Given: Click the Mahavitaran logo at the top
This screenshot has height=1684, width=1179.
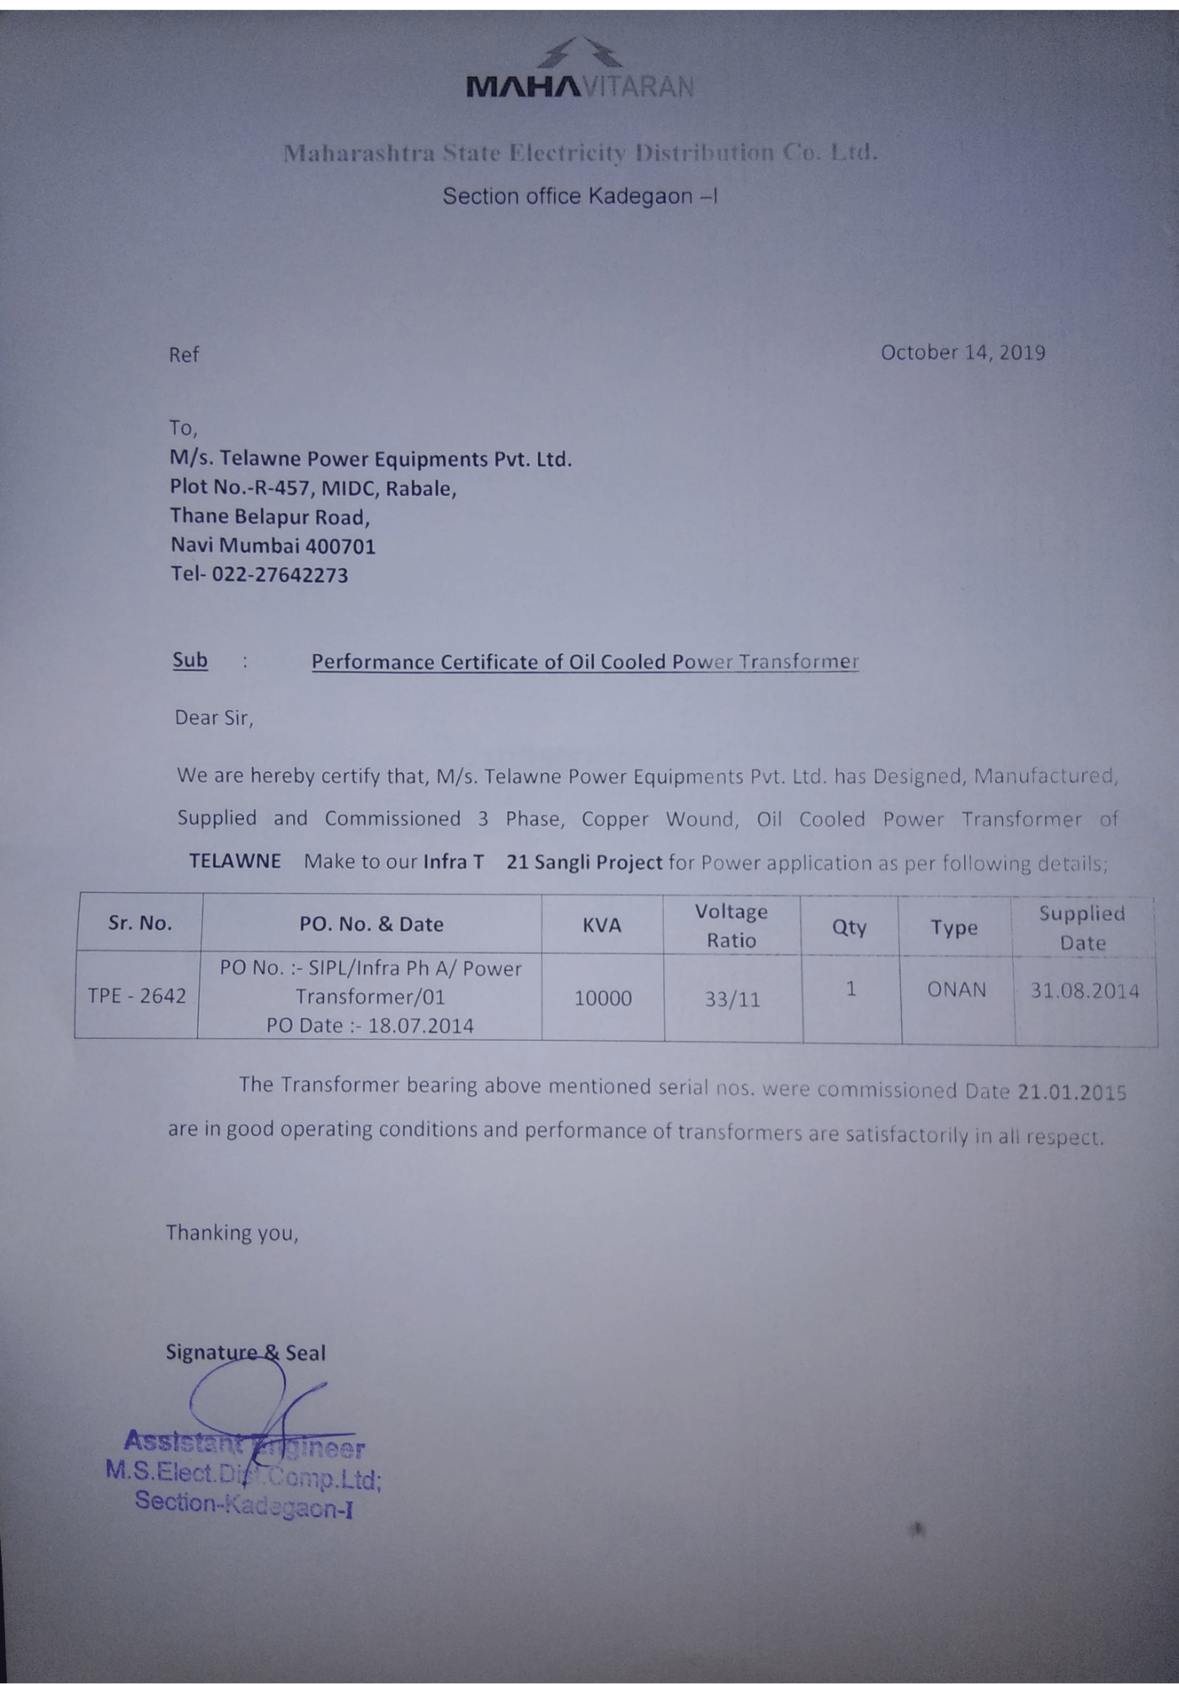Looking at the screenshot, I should (x=580, y=69).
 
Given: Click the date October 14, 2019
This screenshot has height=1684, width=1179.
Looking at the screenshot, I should (x=963, y=352).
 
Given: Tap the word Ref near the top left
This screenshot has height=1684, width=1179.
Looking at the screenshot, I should (x=184, y=354).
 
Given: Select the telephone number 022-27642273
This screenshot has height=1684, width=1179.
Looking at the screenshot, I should (x=280, y=575).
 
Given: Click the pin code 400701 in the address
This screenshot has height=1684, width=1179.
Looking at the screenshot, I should (x=340, y=546).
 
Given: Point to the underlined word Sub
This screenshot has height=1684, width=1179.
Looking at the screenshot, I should (x=190, y=660).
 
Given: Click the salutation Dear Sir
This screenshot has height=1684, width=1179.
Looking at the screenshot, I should (x=213, y=717).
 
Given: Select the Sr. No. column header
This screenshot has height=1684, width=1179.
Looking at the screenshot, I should (x=140, y=923).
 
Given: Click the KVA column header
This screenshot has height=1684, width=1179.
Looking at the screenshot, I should (x=602, y=925).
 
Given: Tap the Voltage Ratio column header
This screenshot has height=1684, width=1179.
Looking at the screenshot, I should (x=731, y=925).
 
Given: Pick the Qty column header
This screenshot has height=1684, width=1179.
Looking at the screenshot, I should (x=849, y=926).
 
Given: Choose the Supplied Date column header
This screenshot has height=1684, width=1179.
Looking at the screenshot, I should (x=1082, y=927).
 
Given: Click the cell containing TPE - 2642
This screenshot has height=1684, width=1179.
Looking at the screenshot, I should (x=136, y=996).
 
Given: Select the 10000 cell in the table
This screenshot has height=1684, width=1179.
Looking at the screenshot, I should (x=603, y=999).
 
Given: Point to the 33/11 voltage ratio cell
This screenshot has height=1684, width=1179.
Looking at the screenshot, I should (x=733, y=999).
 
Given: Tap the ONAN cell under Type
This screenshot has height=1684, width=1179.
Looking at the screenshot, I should (x=957, y=989).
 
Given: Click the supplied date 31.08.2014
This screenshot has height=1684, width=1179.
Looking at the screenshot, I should (x=1085, y=990).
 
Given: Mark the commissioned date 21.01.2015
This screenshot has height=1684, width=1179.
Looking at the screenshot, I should (x=1072, y=1092).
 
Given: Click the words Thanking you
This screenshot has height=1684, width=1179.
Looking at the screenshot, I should (x=232, y=1233).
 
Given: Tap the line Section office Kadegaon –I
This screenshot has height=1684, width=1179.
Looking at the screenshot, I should (x=580, y=196).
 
